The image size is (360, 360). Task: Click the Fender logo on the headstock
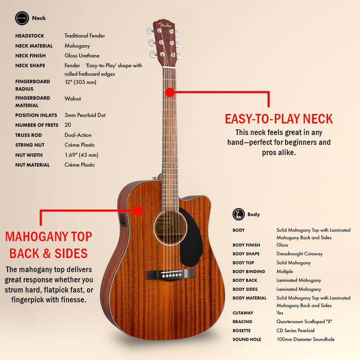[165, 25]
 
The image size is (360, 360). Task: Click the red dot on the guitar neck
[170, 92]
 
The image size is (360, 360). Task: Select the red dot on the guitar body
[138, 211]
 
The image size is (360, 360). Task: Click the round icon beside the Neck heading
[22, 18]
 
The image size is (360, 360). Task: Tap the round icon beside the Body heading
[239, 214]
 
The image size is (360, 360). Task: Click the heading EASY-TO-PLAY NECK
[279, 119]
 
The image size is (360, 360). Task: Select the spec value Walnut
[73, 99]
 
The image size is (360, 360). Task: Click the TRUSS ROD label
[28, 135]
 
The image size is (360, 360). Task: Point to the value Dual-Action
[78, 135]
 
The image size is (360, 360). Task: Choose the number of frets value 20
[68, 125]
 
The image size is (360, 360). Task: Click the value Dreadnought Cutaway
[300, 254]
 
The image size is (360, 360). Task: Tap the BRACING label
[243, 322]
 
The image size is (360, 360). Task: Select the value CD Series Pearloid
[295, 330]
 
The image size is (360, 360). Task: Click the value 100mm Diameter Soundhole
[306, 339]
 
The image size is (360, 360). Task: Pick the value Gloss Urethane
[82, 56]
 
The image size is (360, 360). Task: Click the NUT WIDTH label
[29, 155]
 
